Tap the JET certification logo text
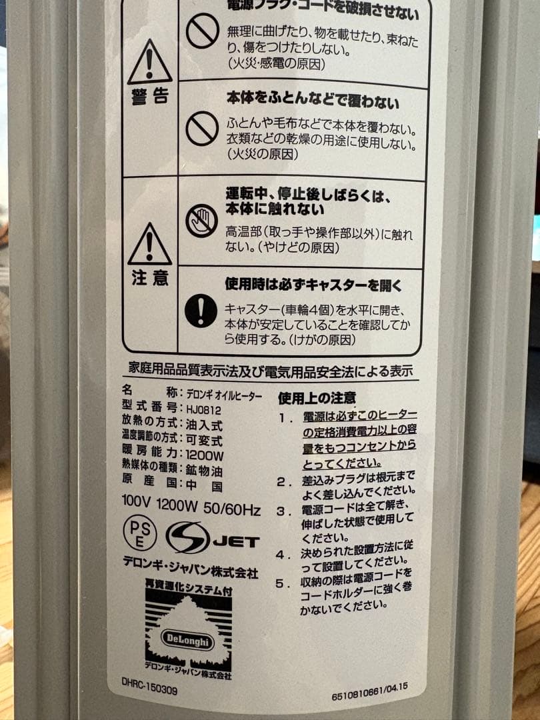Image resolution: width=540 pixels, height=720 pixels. tap(237, 541)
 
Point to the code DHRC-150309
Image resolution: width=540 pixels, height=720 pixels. tap(150, 691)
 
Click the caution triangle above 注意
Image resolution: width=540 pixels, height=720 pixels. tap(149, 245)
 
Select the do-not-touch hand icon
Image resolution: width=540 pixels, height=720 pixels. tap(201, 221)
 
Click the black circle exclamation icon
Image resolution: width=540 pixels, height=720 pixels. tap(201, 311)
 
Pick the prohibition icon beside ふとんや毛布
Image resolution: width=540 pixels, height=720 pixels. tap(201, 129)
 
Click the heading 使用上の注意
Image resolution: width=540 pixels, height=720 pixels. tap(317, 399)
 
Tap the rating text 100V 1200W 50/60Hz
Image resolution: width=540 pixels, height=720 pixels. tap(191, 510)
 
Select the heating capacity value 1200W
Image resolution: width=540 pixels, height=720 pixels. tap(205, 455)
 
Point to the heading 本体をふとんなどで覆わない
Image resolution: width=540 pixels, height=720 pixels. tap(313, 102)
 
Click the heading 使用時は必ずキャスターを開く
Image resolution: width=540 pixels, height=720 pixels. tap(314, 285)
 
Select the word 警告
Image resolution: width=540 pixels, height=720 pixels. tap(149, 97)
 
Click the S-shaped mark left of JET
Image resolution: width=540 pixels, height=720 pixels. tap(187, 537)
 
